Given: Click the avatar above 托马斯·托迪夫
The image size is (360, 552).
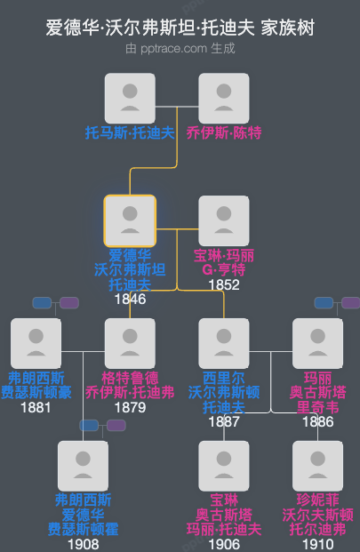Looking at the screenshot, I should pyautogui.click(x=131, y=98).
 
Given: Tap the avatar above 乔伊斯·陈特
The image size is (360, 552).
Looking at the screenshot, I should pyautogui.click(x=224, y=98).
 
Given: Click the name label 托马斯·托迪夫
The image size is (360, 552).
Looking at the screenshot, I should pyautogui.click(x=130, y=133).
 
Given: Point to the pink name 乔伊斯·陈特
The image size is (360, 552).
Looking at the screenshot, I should pyautogui.click(x=224, y=133).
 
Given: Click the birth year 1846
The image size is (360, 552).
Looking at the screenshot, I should pyautogui.click(x=130, y=300).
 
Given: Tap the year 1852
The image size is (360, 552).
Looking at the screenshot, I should pyautogui.click(x=224, y=284).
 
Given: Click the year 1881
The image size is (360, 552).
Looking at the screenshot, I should pyautogui.click(x=36, y=407).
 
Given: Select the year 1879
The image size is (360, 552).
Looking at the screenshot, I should pyautogui.click(x=130, y=407).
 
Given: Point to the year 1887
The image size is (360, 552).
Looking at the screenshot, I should pyautogui.click(x=224, y=422).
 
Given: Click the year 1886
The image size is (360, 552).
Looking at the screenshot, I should pyautogui.click(x=317, y=422).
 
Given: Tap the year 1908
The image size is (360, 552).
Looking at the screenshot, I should pyautogui.click(x=83, y=544).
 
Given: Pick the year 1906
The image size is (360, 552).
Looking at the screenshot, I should pyautogui.click(x=224, y=544).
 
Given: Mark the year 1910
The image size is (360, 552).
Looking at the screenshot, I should pyautogui.click(x=317, y=544).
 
